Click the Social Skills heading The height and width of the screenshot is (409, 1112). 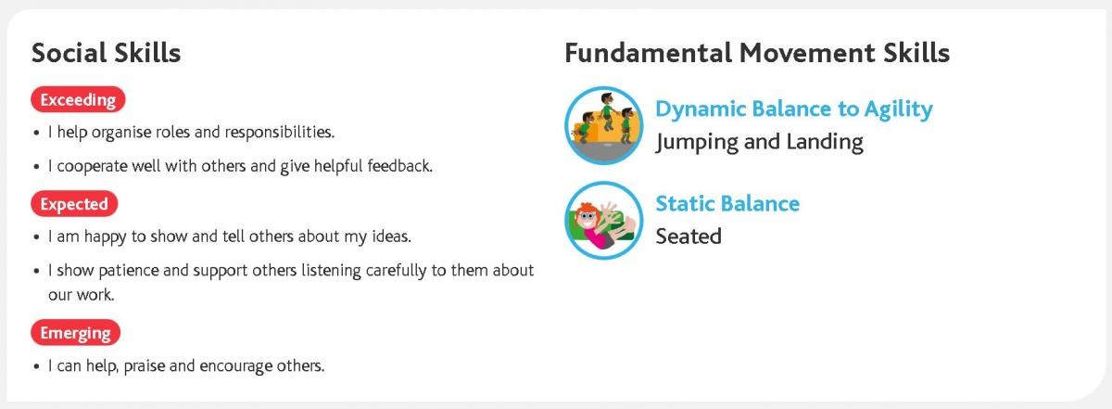(107, 53)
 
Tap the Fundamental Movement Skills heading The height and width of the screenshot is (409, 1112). (757, 53)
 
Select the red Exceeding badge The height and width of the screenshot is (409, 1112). (78, 99)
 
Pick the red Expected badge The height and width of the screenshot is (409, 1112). (74, 204)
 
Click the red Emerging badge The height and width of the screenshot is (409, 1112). (75, 332)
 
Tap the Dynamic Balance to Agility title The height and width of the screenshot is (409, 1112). (794, 109)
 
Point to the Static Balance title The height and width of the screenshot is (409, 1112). (727, 203)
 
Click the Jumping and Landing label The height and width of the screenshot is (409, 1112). (759, 143)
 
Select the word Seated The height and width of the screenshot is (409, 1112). (688, 236)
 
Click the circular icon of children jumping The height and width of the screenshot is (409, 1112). (603, 125)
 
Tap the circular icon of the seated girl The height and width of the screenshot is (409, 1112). (603, 220)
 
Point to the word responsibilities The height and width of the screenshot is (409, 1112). (280, 133)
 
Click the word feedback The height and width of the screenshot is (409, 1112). (399, 165)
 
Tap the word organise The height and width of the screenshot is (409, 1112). (121, 133)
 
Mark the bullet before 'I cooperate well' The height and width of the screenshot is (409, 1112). (36, 167)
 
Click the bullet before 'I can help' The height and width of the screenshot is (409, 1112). (36, 367)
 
